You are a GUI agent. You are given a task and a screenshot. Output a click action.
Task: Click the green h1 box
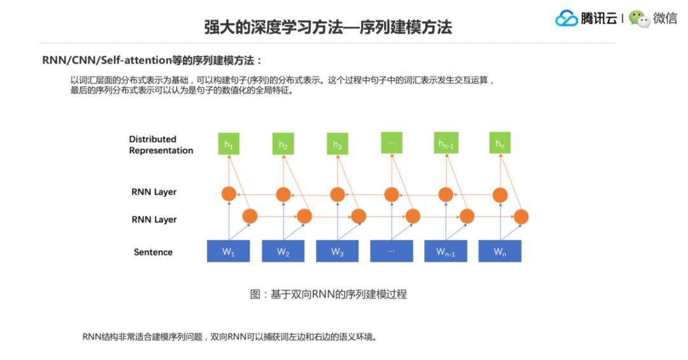(x=229, y=145)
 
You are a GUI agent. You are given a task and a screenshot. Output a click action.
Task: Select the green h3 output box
(x=337, y=145)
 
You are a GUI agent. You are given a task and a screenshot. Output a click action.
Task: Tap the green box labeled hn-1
(x=446, y=144)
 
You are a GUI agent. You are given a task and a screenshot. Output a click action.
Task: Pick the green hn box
(x=500, y=144)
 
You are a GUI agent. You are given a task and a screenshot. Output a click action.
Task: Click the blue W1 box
(x=229, y=251)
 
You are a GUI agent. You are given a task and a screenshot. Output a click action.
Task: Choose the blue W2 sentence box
(x=283, y=251)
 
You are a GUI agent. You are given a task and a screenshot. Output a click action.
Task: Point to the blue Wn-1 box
(x=446, y=251)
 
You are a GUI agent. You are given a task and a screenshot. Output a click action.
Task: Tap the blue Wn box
(x=500, y=251)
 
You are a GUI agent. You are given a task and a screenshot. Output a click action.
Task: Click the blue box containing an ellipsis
(x=391, y=251)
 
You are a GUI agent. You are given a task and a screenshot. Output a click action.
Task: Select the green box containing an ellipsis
(x=391, y=142)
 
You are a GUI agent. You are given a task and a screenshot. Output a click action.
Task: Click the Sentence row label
(x=153, y=252)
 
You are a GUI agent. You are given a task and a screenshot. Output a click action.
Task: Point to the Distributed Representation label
(x=161, y=145)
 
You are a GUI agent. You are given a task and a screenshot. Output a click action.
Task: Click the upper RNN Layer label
(x=154, y=192)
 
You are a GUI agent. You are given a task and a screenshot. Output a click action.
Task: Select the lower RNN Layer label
(x=154, y=220)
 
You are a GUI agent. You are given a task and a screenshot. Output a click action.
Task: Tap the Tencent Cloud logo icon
(x=566, y=18)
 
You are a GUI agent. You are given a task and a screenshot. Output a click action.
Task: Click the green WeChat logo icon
(x=639, y=18)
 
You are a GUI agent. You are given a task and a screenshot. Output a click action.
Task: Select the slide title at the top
(x=328, y=27)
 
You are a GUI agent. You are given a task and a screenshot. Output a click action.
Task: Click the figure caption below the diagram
(x=328, y=294)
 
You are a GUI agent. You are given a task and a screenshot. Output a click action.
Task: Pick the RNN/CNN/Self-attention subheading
(x=152, y=61)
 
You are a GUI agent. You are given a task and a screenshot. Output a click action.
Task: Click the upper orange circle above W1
(x=229, y=194)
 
